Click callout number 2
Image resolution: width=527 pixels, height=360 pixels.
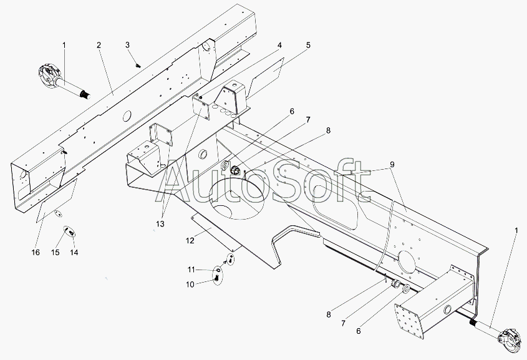(99, 46)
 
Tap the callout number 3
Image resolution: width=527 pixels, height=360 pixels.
(127, 45)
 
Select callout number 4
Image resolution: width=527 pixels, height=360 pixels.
(279, 46)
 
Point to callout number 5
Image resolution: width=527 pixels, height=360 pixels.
(308, 45)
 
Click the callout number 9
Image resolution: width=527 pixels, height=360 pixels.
(392, 165)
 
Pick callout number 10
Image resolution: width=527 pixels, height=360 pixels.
(190, 285)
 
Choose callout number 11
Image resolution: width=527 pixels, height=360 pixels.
(191, 270)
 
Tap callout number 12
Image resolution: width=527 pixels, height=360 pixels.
(190, 241)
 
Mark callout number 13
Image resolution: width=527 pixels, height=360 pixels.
(160, 224)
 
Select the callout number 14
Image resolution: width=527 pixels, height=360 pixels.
(74, 253)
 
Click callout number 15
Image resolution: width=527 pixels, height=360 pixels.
(55, 253)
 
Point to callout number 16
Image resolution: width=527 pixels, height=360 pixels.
(36, 253)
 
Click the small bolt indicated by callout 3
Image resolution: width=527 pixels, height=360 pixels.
(138, 66)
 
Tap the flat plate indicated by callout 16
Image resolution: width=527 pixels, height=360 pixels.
(57, 201)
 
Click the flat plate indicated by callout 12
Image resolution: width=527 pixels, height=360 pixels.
(216, 232)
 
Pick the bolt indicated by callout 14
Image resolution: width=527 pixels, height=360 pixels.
(71, 233)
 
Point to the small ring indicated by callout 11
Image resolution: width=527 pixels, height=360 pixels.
(218, 270)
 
